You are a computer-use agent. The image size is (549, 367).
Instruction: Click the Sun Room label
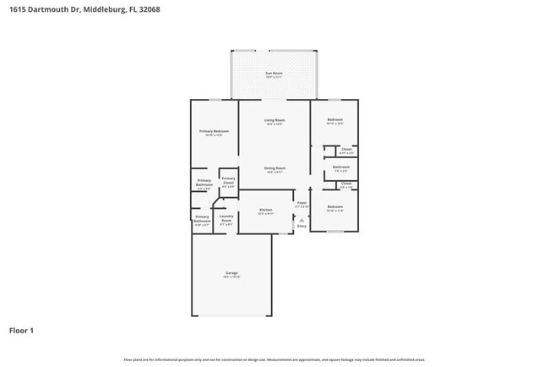click(274, 74)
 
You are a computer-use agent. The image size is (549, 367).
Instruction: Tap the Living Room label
click(274, 121)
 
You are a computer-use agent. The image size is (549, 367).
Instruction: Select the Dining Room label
click(274, 168)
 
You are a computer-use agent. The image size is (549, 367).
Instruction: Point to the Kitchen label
click(265, 210)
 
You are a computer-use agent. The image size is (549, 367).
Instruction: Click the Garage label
click(231, 273)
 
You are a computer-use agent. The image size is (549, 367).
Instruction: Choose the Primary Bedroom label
click(214, 132)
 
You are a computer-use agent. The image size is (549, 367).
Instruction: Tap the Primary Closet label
click(228, 180)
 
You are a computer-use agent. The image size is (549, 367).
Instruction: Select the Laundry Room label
click(226, 219)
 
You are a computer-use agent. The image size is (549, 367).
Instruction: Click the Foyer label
click(301, 203)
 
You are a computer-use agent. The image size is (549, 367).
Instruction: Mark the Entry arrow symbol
click(302, 218)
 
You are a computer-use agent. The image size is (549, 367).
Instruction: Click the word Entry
click(302, 226)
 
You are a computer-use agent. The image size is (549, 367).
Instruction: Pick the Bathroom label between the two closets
click(340, 167)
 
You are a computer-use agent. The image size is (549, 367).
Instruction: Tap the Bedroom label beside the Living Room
click(334, 120)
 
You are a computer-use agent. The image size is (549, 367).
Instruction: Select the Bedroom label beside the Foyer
click(334, 206)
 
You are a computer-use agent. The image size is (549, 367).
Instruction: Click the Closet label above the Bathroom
click(345, 150)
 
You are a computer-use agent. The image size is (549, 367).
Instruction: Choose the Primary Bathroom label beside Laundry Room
click(202, 219)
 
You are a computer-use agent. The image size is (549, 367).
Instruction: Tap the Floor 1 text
click(21, 330)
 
